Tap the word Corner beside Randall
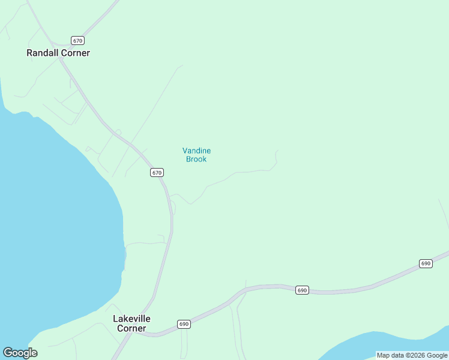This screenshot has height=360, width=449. point(74,53)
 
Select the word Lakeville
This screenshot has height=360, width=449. point(131,319)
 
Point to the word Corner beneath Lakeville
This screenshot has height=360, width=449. point(131,328)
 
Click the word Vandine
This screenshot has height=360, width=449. point(196,151)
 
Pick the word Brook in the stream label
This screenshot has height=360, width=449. point(196,159)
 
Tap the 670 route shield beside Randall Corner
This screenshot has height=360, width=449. point(77,41)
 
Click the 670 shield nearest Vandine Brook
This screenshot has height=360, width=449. point(157,172)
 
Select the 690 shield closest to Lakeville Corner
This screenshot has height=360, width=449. point(184,324)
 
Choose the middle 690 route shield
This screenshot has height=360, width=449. point(302,290)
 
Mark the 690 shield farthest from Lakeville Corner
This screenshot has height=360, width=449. point(426,263)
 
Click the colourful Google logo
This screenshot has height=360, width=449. point(20,353)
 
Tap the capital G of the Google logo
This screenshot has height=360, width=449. point(8,352)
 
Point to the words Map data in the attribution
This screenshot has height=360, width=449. point(391,355)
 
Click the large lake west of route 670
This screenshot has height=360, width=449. point(54,228)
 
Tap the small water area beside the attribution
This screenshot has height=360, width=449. point(360,348)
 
